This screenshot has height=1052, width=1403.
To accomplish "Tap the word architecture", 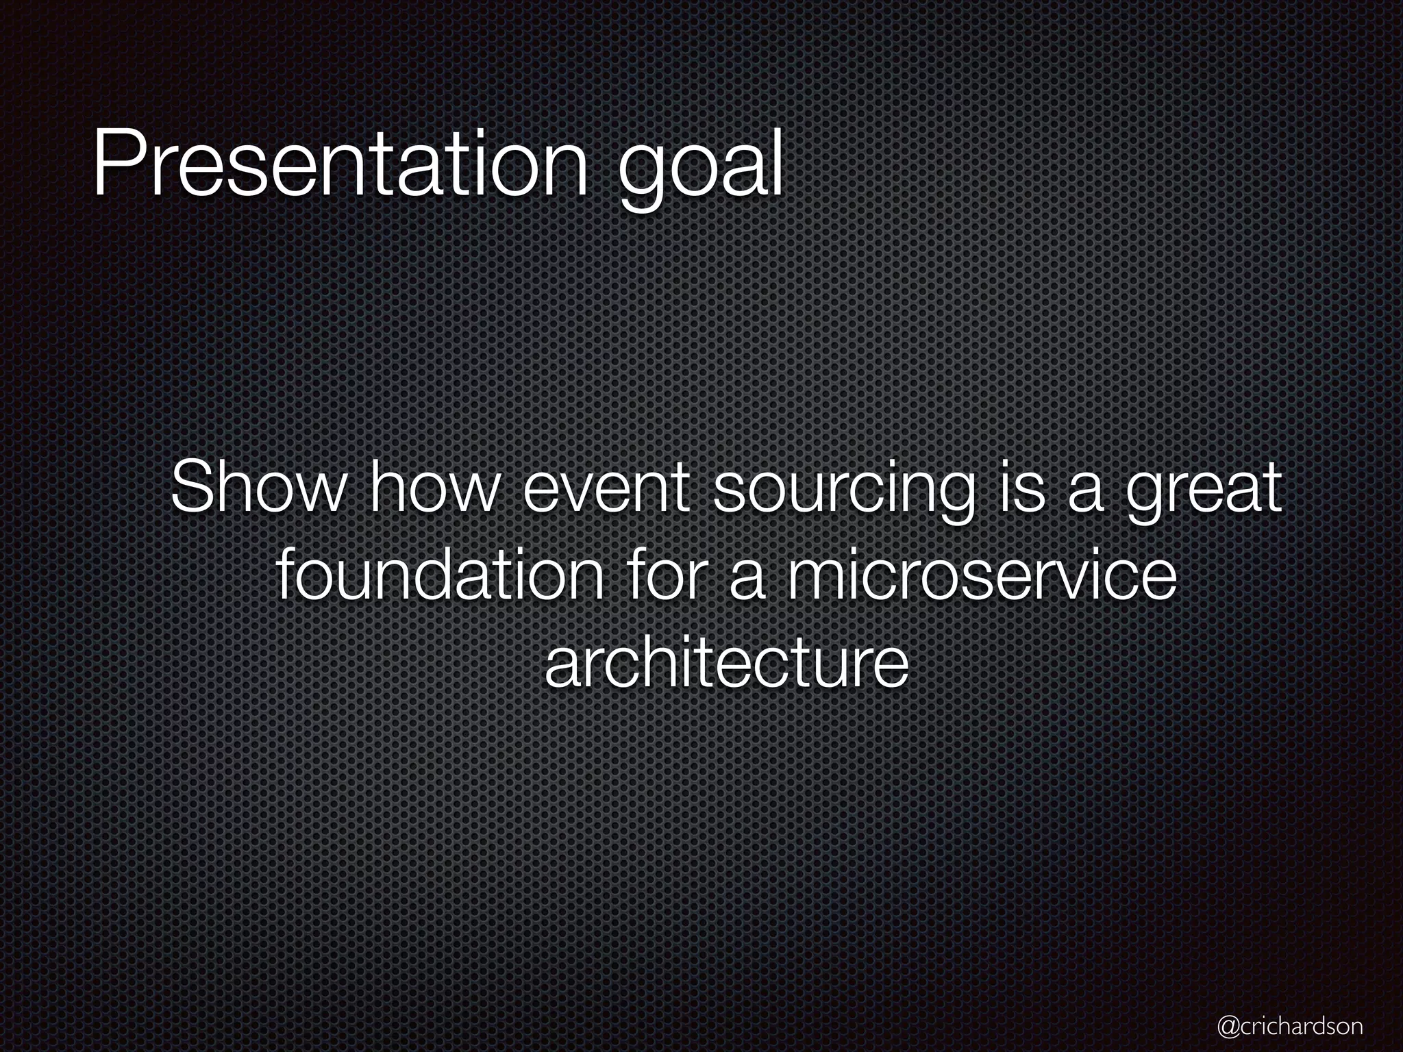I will [x=726, y=664].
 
